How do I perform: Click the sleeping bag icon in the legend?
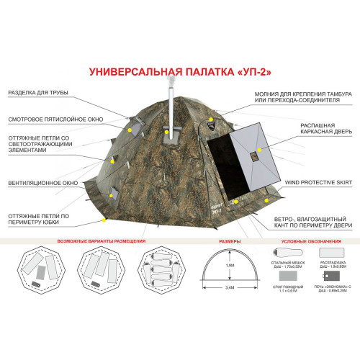(x=283, y=253)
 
